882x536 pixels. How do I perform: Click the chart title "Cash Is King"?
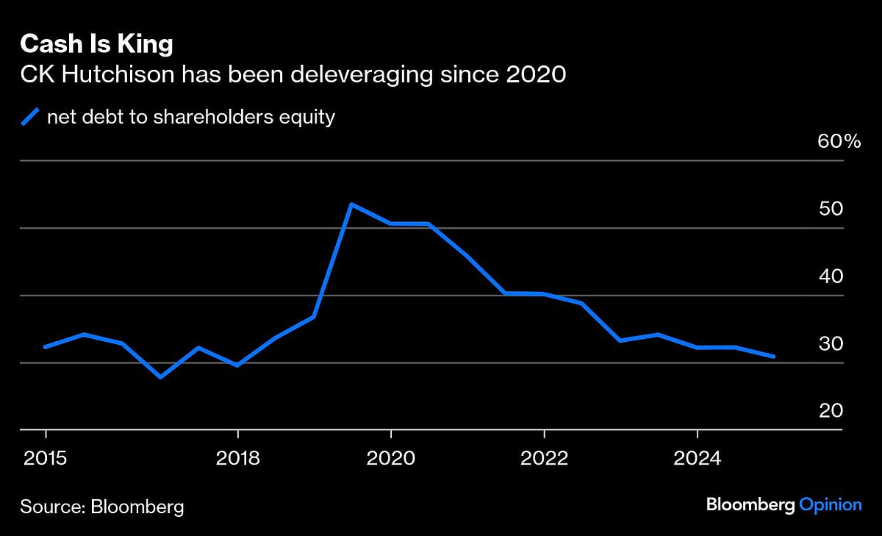96,45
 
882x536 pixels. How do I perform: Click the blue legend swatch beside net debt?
31,117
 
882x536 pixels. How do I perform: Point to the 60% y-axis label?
839,142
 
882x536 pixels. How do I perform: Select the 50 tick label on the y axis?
831,209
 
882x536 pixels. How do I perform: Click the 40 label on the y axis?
831,276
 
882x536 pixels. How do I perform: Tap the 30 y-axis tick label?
831,344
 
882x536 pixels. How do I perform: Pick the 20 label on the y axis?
831,411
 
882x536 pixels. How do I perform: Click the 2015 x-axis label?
46,458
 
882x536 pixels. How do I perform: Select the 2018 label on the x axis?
237,458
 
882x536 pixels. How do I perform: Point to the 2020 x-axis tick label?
391,458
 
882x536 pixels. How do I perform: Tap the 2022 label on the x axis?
544,458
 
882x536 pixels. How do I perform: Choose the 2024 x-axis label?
698,458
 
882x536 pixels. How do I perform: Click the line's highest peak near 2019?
352,204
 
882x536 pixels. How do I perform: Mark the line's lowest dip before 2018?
160,377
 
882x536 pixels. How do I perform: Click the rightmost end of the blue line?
774,357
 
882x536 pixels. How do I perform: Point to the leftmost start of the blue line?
46,347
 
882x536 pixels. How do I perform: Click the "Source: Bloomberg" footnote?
101,506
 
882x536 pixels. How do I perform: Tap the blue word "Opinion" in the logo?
830,505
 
